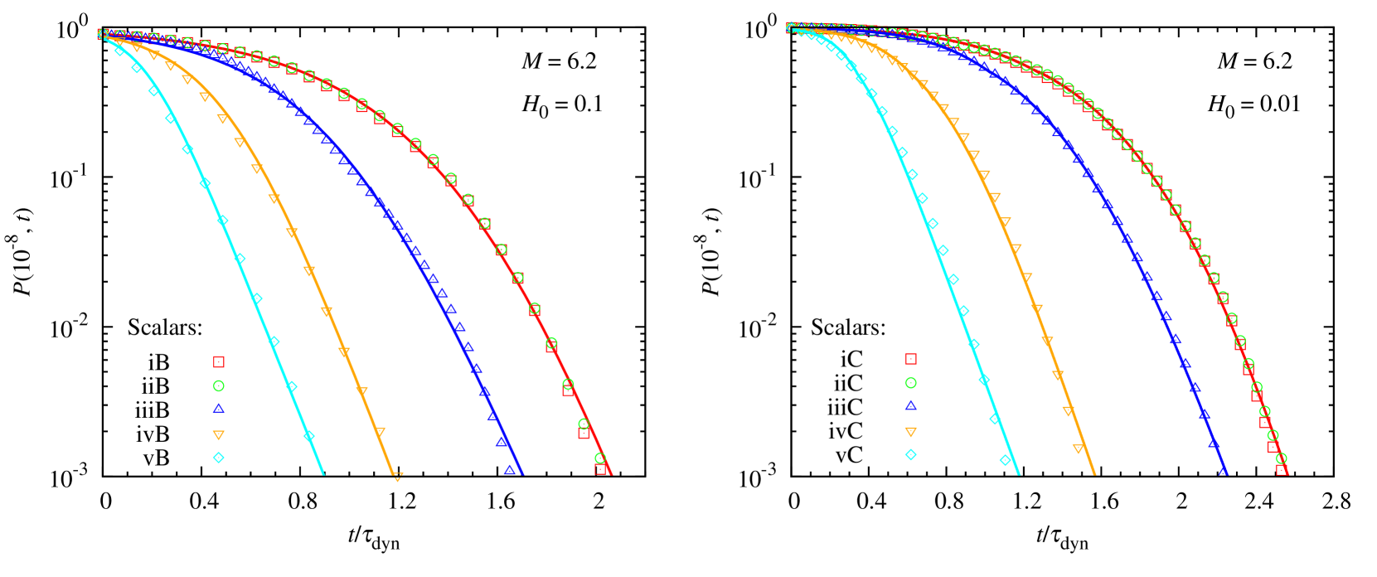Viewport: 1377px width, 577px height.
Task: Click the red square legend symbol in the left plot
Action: coord(219,361)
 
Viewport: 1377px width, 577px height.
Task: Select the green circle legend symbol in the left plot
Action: coord(219,385)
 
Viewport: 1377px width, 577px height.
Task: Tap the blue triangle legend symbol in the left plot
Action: coord(219,408)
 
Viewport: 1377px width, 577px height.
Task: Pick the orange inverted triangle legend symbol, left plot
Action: coord(219,434)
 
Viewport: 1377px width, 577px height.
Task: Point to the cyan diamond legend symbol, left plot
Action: coord(219,457)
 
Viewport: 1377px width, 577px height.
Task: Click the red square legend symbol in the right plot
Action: coord(910,359)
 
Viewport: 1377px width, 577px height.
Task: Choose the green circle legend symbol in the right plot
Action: coord(910,383)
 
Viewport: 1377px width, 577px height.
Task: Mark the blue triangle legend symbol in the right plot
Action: coord(910,405)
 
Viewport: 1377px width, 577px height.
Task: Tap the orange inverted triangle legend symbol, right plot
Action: coord(910,432)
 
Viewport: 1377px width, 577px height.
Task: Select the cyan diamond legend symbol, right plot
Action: coord(910,454)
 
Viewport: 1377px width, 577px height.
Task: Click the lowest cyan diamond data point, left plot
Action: coord(309,435)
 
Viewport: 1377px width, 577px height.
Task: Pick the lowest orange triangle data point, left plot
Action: coord(398,478)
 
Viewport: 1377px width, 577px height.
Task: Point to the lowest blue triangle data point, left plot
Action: coord(510,470)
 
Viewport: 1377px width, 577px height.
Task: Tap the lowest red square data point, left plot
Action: coord(600,469)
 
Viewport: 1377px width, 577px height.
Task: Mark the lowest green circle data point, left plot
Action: coord(600,458)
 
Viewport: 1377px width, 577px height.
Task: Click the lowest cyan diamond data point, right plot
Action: coord(1005,459)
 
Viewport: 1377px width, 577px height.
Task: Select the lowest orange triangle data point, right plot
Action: coord(1078,449)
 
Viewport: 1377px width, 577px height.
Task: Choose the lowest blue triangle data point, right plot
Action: coord(1223,470)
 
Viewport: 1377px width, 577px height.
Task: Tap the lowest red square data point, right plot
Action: coord(1282,470)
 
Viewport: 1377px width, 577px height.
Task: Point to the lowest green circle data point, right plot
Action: coord(1281,458)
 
